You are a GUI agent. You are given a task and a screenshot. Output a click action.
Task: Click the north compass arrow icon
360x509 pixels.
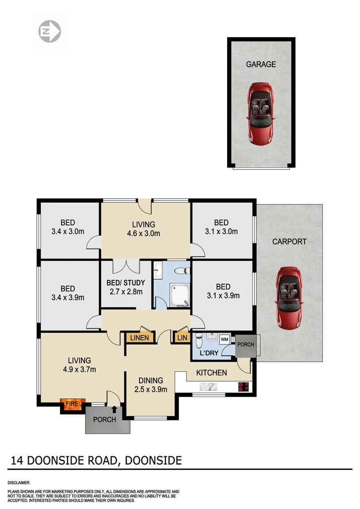pos(50,32)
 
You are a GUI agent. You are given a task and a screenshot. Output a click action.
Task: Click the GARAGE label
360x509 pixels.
pos(261,64)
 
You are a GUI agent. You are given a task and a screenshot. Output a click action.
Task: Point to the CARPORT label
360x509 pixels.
pos(289,242)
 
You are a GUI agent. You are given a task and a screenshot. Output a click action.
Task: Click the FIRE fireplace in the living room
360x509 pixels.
pos(72,405)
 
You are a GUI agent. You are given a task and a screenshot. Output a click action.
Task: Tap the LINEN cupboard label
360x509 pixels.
pos(139,338)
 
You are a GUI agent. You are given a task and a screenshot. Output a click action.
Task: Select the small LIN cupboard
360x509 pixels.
pos(182,338)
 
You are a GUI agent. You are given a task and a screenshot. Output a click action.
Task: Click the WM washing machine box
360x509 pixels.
pos(225,339)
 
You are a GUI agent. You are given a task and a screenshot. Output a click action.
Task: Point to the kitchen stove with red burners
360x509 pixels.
pos(244,387)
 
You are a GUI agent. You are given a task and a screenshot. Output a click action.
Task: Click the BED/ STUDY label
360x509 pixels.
pos(126,283)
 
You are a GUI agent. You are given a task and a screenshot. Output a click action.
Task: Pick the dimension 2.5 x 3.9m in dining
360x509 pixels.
pos(151,389)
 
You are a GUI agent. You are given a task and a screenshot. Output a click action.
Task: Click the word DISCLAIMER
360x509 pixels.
pos(19,482)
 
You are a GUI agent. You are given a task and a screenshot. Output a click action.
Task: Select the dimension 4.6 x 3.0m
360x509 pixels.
pos(143,234)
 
